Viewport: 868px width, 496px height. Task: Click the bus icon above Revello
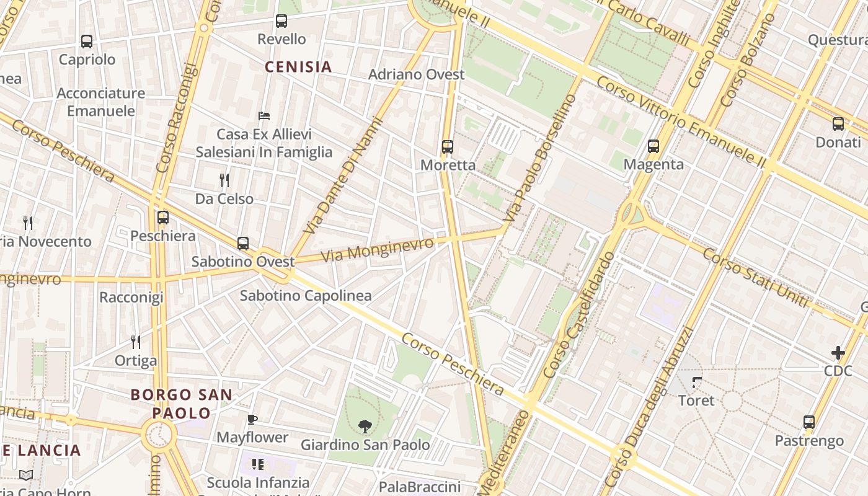tap(281, 21)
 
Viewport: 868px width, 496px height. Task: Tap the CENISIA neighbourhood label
tap(299, 67)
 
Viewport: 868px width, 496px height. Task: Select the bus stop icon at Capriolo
tap(87, 42)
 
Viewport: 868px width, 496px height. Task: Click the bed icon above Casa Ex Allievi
tap(264, 115)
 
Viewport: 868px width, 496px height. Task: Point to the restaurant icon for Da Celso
tap(224, 180)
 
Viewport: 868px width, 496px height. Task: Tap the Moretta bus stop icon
tap(448, 147)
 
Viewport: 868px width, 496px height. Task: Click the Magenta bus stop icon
tap(653, 146)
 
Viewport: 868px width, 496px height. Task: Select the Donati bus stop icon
tap(838, 124)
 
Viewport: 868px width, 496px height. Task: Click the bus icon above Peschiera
tap(163, 218)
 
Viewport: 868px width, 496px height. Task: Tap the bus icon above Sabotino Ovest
tap(243, 244)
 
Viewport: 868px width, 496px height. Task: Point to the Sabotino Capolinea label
tap(306, 296)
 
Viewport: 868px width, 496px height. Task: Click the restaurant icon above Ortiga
tap(136, 342)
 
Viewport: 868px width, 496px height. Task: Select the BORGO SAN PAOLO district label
tap(182, 404)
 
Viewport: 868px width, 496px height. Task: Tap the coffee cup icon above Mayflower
tap(252, 420)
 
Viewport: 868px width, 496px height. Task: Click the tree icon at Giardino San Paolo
tap(365, 426)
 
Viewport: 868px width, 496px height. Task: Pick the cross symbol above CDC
tap(838, 353)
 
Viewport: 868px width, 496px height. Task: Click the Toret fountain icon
tap(697, 383)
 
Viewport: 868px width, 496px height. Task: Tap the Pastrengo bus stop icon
tap(809, 423)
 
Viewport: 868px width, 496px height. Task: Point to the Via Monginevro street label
tap(378, 249)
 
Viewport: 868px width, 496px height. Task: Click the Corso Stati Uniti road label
tap(756, 278)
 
